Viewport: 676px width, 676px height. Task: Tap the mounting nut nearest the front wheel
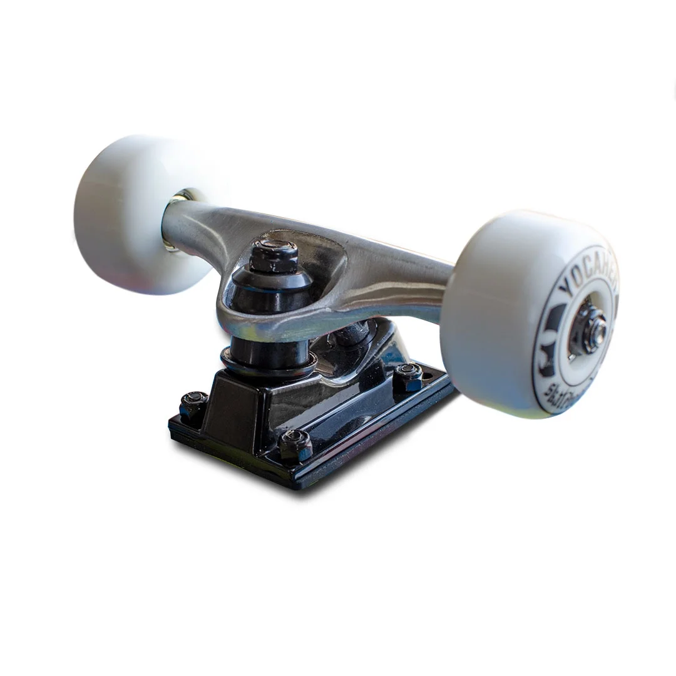408,376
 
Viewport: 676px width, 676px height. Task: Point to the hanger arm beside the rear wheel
200,228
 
